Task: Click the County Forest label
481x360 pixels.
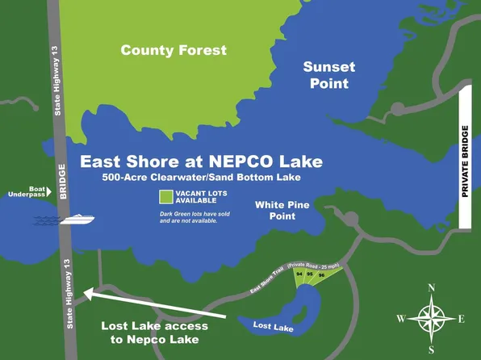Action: pyautogui.click(x=174, y=50)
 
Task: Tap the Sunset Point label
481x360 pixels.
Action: pyautogui.click(x=327, y=75)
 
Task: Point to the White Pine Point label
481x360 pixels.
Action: pyautogui.click(x=281, y=211)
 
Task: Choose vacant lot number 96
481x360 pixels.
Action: pyautogui.click(x=321, y=276)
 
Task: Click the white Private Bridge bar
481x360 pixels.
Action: pyautogui.click(x=465, y=160)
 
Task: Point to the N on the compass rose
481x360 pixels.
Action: pyautogui.click(x=432, y=287)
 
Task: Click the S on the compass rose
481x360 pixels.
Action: pyautogui.click(x=432, y=350)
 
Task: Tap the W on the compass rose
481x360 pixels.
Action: pyautogui.click(x=401, y=319)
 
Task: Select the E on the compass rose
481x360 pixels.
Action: pyautogui.click(x=462, y=319)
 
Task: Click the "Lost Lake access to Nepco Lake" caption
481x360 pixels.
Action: pyautogui.click(x=154, y=333)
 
